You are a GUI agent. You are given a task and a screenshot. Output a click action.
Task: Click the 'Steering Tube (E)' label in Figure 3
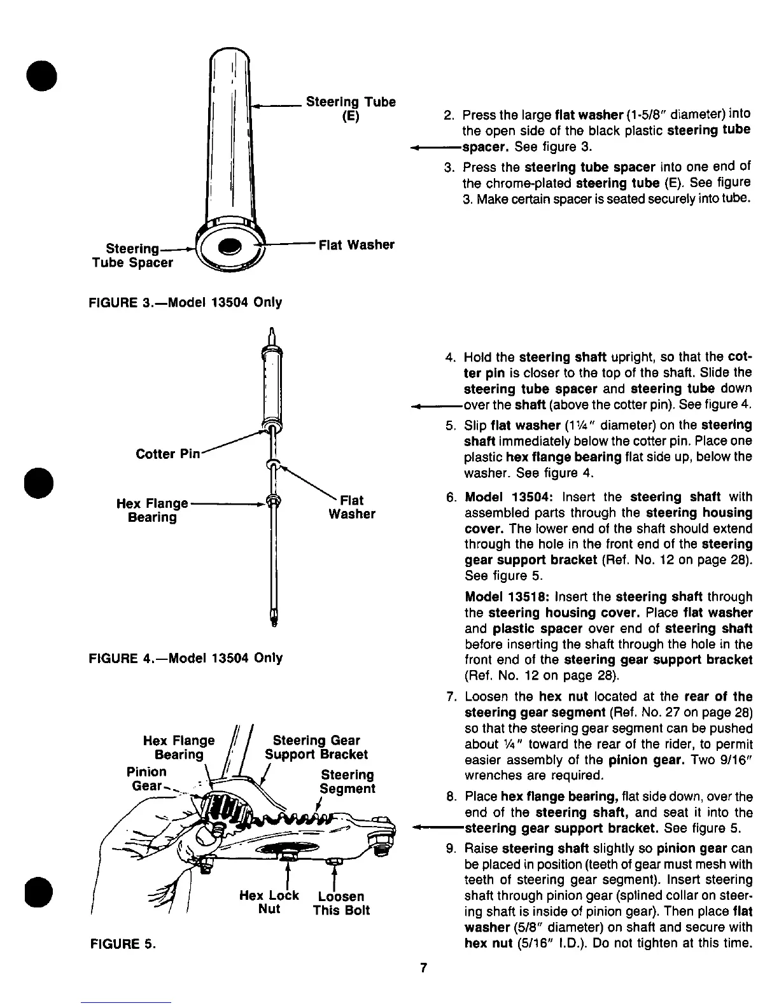coord(351,109)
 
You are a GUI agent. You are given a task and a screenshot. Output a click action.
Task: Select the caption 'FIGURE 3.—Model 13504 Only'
coord(185,302)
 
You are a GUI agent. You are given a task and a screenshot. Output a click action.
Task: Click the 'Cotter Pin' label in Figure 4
coord(168,454)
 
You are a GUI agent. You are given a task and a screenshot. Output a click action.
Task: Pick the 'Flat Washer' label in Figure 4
coord(352,507)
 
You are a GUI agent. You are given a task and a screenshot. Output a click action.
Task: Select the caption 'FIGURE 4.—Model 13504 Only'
coord(185,657)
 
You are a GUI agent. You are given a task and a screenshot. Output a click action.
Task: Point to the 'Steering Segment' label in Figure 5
coord(347,782)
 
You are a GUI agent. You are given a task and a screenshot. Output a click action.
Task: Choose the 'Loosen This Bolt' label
coord(341,903)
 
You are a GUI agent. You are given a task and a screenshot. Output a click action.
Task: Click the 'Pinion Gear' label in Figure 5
coord(146,778)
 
